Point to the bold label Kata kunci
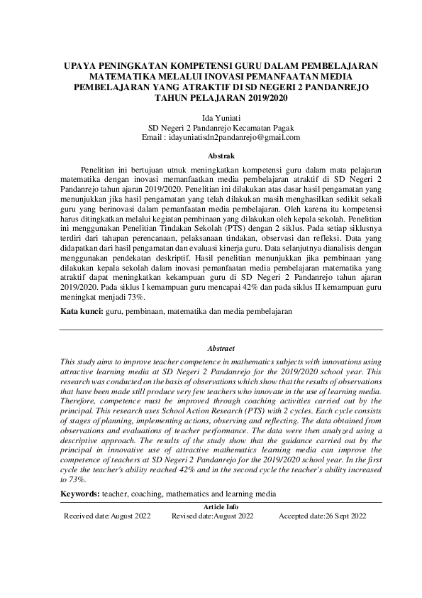[78, 312]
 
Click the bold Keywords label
[80, 492]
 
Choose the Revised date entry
[212, 516]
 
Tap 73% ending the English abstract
[70, 480]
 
